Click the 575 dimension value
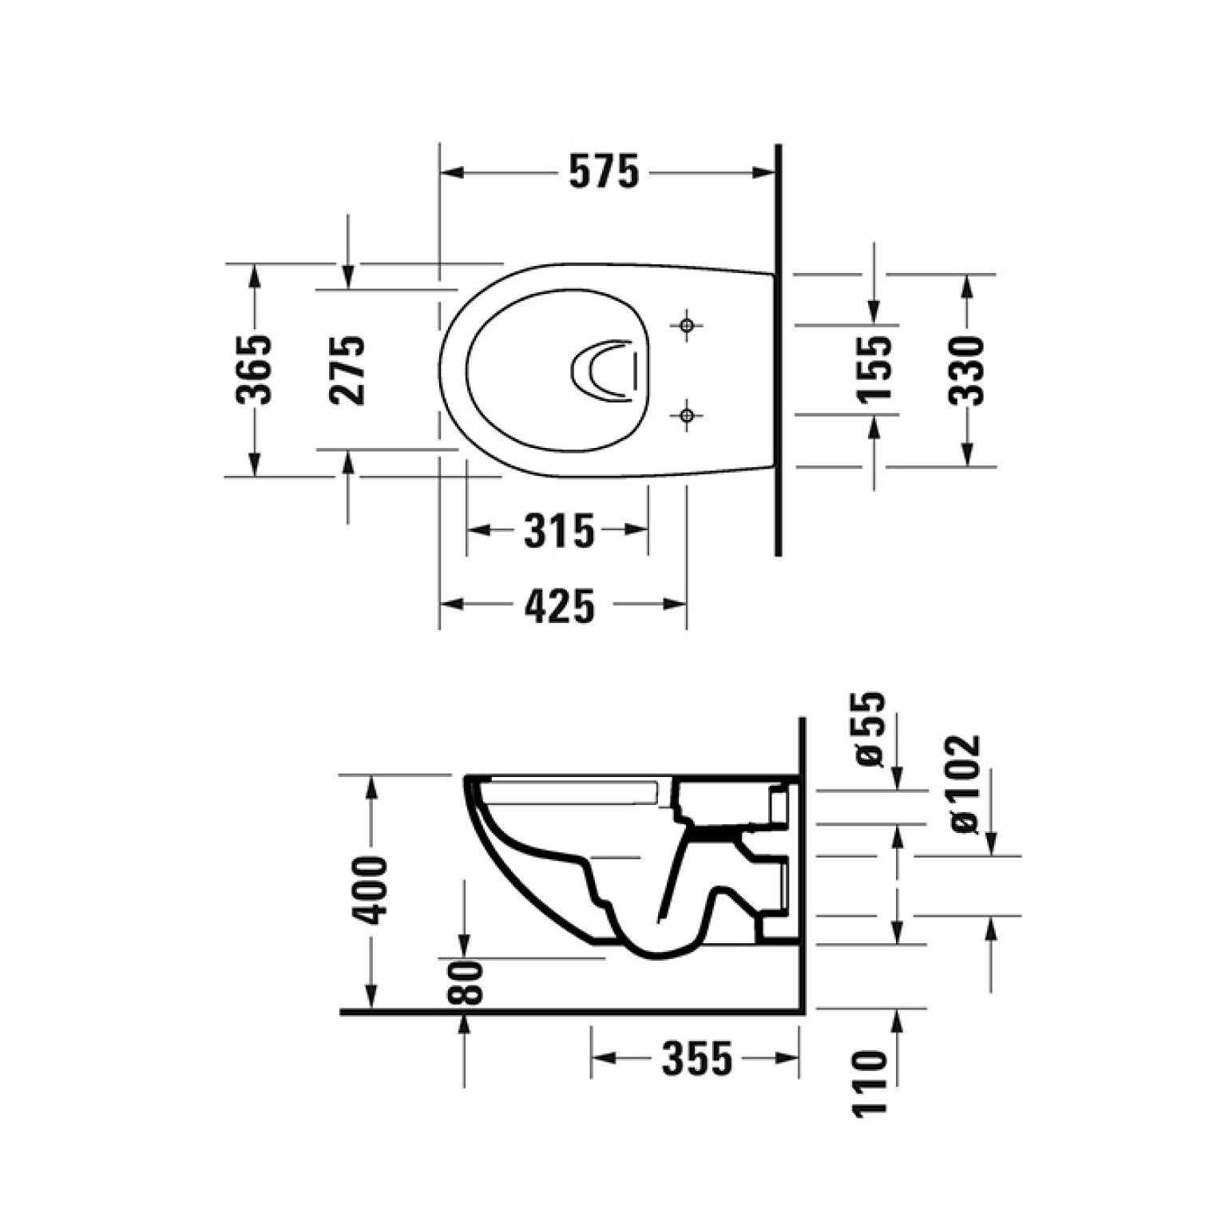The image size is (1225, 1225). [x=605, y=172]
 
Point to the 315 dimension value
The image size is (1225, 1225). [x=559, y=530]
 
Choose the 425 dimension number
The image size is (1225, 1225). [x=560, y=605]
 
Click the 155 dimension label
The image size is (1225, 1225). [x=874, y=369]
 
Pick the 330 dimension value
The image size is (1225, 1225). [x=966, y=371]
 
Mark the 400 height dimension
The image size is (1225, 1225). [x=371, y=890]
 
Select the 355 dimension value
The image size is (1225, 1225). [x=697, y=1059]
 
